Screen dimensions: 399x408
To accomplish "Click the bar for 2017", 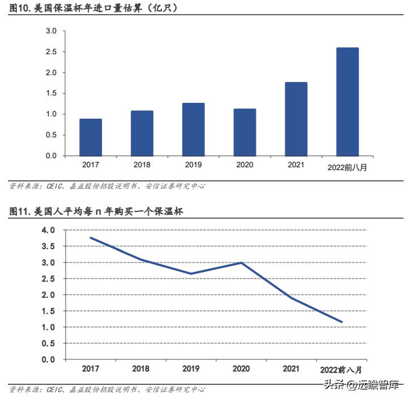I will [91, 137].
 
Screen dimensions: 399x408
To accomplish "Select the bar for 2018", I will [142, 133].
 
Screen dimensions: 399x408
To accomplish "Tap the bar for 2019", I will [194, 129].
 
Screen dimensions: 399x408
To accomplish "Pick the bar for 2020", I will [244, 132].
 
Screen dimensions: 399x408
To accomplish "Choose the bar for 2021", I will [296, 119].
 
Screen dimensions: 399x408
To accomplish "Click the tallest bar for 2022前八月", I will [347, 101].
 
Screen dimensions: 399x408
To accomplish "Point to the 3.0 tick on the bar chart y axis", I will [51, 31].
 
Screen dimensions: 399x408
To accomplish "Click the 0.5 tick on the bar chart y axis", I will [51, 135].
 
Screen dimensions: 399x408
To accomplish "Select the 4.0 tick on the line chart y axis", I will [49, 230].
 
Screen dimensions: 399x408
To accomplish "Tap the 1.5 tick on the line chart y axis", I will [49, 311].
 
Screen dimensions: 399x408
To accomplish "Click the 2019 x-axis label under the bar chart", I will [194, 165].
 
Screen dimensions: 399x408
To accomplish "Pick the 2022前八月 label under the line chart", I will [341, 370].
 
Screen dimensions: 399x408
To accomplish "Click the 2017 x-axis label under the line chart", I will [91, 368].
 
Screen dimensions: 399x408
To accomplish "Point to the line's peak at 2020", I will [242, 263].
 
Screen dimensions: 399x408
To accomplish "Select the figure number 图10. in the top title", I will [20, 8].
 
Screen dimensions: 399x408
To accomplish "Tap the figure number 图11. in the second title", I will [20, 211].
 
